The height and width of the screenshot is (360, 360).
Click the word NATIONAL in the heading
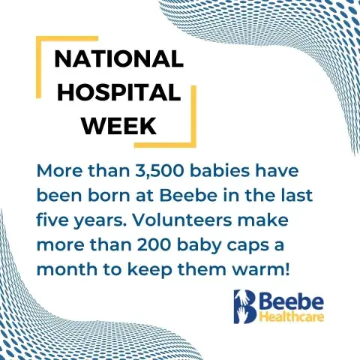pos(119,59)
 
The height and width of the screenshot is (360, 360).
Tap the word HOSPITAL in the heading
pos(119,91)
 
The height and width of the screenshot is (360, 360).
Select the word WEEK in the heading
pos(119,125)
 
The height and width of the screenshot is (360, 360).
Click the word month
pos(67,269)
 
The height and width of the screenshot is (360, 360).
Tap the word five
pos(52,220)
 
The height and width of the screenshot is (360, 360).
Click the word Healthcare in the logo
pos(292,317)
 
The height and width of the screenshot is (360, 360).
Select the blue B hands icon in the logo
pos(244,307)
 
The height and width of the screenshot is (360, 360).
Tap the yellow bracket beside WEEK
pos(193,117)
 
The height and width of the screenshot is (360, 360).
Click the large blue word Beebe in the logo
pos(292,302)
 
